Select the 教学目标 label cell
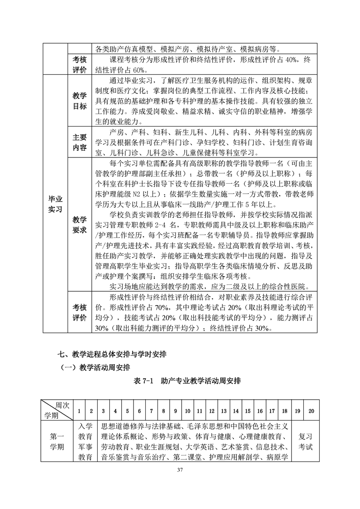[79, 101]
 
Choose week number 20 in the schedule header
[311, 411]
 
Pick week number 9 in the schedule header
[175, 411]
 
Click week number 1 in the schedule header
[79, 411]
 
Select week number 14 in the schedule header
[236, 411]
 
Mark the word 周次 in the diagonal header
[62, 405]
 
